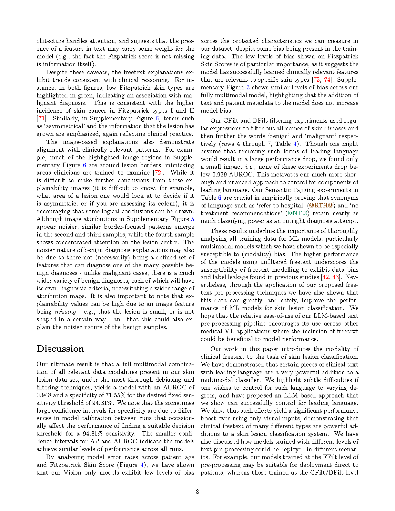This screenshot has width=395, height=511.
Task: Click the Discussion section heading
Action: [60, 349]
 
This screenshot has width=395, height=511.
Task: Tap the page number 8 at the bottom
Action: [197, 492]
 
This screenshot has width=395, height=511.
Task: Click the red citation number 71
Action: [41, 118]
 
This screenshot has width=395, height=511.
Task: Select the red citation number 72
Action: [158, 173]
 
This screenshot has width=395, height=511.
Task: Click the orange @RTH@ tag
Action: [321, 205]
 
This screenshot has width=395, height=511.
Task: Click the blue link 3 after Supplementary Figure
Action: [248, 87]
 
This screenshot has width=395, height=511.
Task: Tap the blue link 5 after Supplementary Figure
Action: [192, 219]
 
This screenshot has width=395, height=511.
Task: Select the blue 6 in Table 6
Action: [219, 198]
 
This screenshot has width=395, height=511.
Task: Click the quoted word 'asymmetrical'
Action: [66, 126]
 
